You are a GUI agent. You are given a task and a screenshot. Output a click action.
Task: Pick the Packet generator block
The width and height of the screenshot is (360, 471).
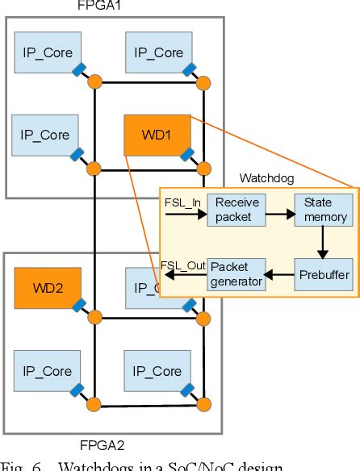[236, 275]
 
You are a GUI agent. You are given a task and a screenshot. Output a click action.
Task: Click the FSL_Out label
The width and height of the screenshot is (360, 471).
[182, 265]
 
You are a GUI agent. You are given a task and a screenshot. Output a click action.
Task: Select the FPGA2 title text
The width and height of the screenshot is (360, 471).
[103, 444]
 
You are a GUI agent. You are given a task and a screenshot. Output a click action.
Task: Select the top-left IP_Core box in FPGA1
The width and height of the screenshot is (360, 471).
[47, 52]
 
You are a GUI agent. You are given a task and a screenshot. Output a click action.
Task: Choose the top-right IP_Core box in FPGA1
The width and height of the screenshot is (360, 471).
[158, 52]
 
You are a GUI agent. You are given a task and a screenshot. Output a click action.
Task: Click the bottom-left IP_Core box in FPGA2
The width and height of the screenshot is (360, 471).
[46, 371]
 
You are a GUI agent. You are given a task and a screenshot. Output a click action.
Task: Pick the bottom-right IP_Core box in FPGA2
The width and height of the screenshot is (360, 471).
[158, 371]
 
